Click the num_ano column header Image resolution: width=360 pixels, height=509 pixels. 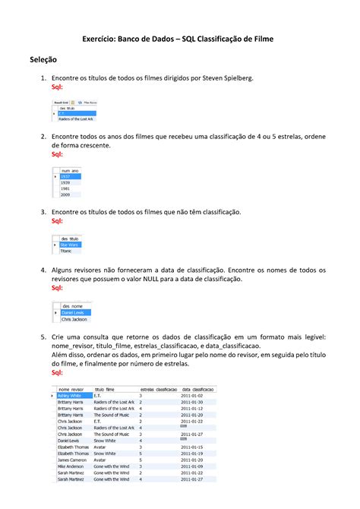pyautogui.click(x=70, y=171)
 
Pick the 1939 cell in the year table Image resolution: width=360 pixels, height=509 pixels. pyautogui.click(x=66, y=183)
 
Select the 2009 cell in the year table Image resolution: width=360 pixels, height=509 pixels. pyautogui.click(x=66, y=194)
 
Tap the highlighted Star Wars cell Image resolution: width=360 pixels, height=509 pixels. pyautogui.click(x=69, y=245)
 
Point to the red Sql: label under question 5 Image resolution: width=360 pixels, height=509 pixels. pyautogui.click(x=57, y=373)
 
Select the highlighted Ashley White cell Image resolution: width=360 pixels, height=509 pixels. pyautogui.click(x=70, y=396)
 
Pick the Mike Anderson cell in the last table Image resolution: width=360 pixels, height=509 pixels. pyautogui.click(x=73, y=466)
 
